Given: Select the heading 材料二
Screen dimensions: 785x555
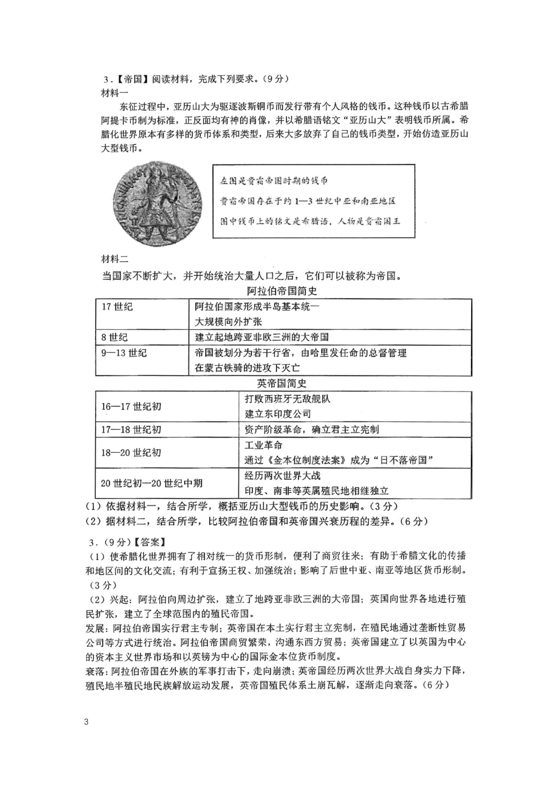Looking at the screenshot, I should pyautogui.click(x=114, y=259).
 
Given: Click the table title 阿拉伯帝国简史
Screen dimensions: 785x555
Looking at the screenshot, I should pyautogui.click(x=282, y=291).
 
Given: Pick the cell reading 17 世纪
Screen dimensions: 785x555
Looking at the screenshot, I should pyautogui.click(x=117, y=307).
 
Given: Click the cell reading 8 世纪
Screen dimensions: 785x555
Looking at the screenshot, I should pyautogui.click(x=114, y=337).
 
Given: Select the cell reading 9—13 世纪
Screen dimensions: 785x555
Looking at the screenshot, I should pyautogui.click(x=124, y=353).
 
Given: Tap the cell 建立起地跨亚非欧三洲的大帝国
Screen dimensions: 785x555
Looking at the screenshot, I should pyautogui.click(x=262, y=337).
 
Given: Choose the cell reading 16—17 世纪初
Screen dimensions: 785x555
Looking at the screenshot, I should pyautogui.click(x=131, y=407).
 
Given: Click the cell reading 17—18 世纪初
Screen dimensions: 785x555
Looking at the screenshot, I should pyautogui.click(x=131, y=429).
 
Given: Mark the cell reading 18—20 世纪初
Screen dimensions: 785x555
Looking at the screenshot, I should pyautogui.click(x=131, y=453).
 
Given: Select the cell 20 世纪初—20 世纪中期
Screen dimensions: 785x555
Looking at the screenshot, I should pyautogui.click(x=152, y=483).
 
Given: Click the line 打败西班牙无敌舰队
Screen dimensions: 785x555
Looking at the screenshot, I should pyautogui.click(x=287, y=399).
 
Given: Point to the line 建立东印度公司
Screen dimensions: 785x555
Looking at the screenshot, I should pyautogui.click(x=278, y=414).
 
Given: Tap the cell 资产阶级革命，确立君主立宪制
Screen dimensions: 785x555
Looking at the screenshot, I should pyautogui.click(x=312, y=429).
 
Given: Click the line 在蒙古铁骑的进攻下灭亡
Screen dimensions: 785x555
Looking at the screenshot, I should pyautogui.click(x=247, y=368).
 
